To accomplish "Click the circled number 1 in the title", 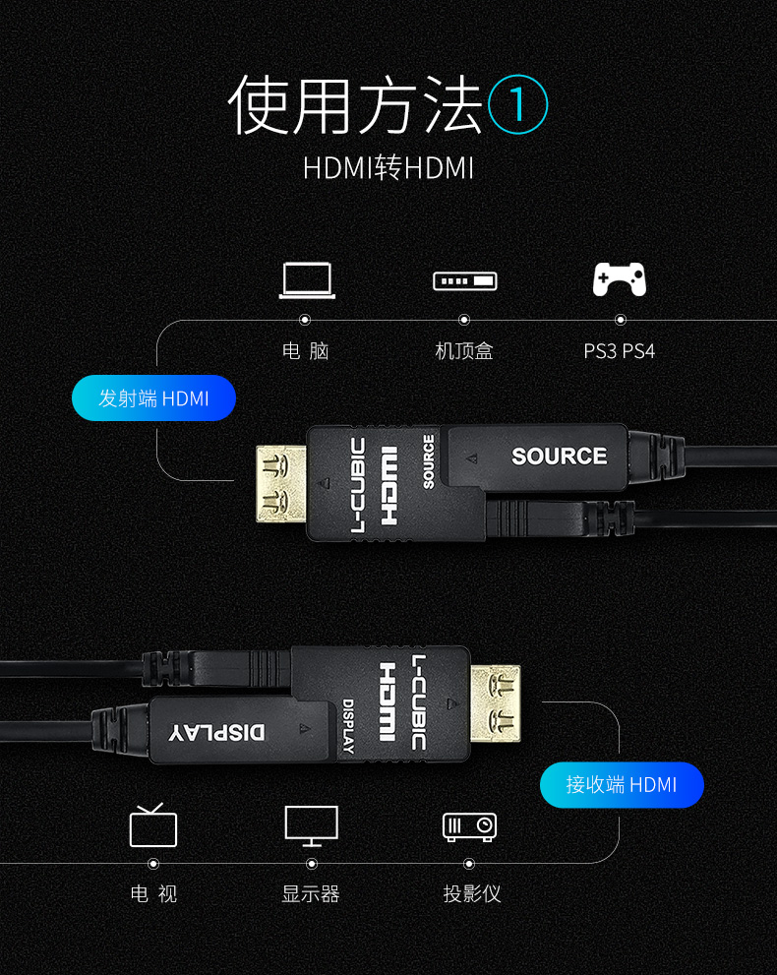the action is pos(517,104).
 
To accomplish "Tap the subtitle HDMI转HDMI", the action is pos(388,168).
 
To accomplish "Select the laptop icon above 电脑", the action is pos(307,280).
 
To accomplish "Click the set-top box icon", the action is pos(465,281).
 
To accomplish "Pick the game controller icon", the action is pos(619,279).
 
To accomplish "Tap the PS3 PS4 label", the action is pos(619,351).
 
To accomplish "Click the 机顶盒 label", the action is pos(464,351).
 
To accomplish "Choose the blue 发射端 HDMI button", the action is pos(154,397).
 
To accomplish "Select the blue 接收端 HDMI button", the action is pos(622,785).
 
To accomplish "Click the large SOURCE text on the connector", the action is pos(560,457).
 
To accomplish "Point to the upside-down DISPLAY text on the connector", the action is pos(217,732).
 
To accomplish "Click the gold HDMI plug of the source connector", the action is pos(281,483).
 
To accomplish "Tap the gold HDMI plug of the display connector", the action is pos(496,703).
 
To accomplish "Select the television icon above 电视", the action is pos(153,825).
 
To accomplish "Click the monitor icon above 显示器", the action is pos(312,826).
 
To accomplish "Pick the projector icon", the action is pos(469,827).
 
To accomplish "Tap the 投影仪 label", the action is pos(472,894).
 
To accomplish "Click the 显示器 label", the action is pos(311,894).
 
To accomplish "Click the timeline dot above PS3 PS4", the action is pos(621,320).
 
